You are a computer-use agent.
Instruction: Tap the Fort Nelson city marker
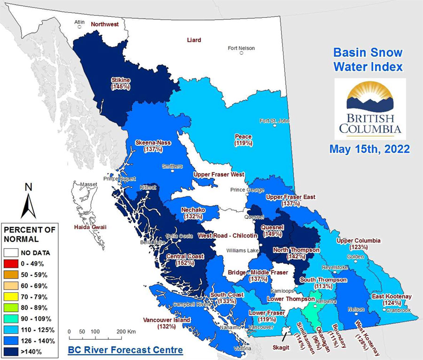[242, 54]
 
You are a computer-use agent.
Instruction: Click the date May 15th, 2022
[369, 149]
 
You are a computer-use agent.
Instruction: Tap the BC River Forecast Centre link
[125, 350]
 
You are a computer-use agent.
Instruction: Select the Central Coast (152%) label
[185, 259]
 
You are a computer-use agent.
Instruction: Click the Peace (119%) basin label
[243, 140]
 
